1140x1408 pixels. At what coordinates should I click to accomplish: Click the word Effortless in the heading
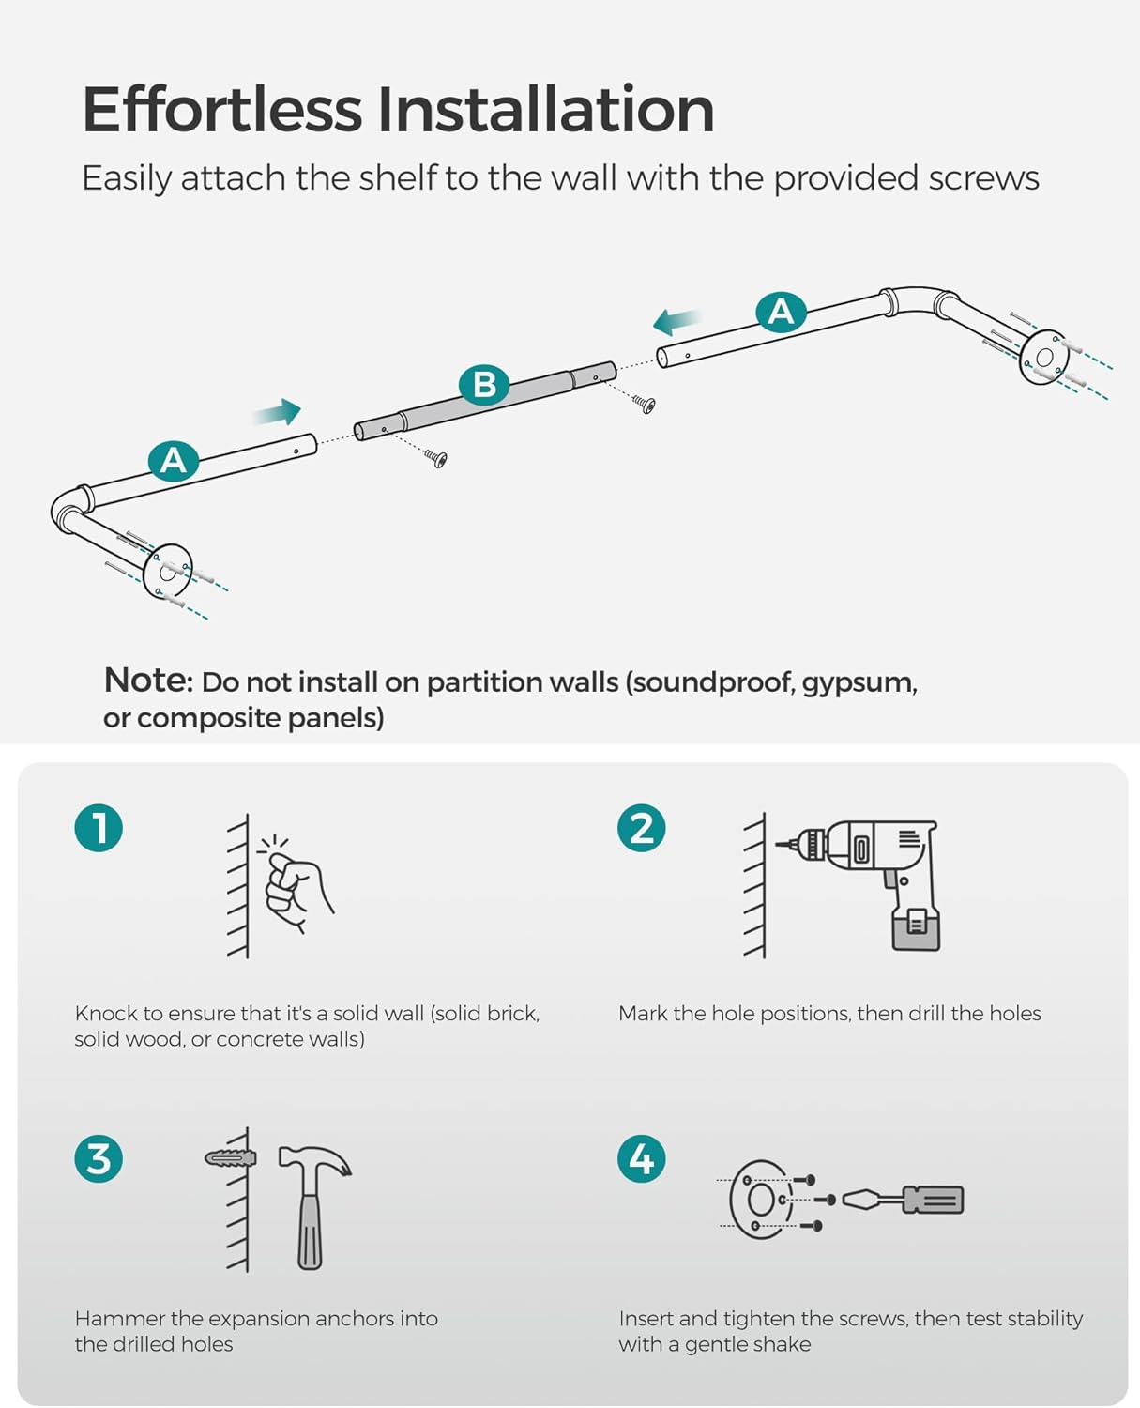click(221, 110)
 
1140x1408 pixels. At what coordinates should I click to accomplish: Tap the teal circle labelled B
click(484, 385)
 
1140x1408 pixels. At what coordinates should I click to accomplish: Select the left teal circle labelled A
click(174, 461)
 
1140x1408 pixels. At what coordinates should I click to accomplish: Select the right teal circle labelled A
click(781, 312)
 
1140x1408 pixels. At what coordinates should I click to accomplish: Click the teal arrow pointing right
click(278, 412)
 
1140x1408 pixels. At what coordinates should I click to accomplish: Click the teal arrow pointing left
click(677, 322)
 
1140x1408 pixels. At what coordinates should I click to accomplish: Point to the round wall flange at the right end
click(1043, 358)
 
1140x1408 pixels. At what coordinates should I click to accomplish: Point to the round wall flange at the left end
click(169, 571)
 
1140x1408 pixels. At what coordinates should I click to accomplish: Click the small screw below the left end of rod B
click(436, 458)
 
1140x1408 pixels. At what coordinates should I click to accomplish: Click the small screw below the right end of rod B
click(645, 405)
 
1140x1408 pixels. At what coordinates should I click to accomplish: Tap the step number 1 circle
click(99, 828)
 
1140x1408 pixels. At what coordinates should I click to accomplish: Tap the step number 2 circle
click(642, 828)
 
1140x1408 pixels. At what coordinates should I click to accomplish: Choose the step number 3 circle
click(99, 1158)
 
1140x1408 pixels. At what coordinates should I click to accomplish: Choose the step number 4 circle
click(642, 1158)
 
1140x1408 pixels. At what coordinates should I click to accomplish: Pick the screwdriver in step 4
click(905, 1200)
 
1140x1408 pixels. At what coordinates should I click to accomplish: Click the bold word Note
click(147, 680)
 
